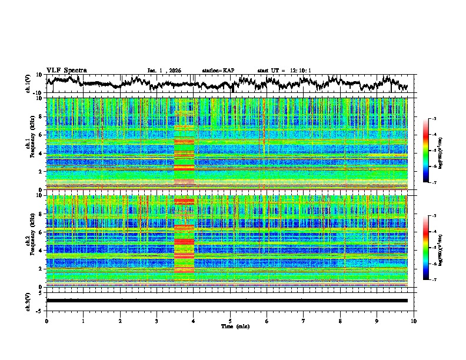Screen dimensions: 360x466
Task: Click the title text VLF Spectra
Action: pos(66,70)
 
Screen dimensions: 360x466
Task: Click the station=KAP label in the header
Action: pos(218,71)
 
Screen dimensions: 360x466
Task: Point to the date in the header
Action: pos(164,71)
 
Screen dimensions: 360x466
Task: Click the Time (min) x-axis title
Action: pos(230,326)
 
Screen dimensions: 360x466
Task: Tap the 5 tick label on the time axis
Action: pos(230,321)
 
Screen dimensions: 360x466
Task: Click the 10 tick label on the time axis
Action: pos(414,321)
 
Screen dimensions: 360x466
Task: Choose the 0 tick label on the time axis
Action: pos(46,321)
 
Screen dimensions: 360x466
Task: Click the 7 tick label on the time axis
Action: pos(304,321)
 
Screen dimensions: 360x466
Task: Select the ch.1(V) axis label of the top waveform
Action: pos(28,83)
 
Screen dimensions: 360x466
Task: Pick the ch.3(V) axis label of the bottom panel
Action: pos(28,300)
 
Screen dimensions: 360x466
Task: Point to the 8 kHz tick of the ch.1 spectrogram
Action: pos(41,116)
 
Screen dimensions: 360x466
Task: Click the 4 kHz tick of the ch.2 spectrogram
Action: pos(41,250)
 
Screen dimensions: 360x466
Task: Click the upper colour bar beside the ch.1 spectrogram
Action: pos(431,151)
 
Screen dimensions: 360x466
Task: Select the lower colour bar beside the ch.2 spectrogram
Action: pos(431,248)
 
